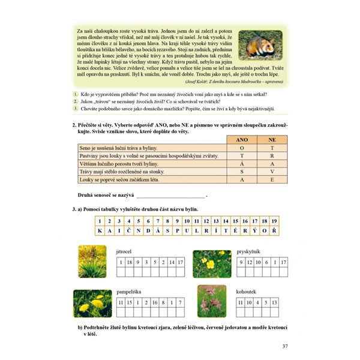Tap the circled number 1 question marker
point(76,94)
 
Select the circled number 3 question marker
point(76,109)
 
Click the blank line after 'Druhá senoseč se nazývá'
point(170,196)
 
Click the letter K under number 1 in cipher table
point(98,230)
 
